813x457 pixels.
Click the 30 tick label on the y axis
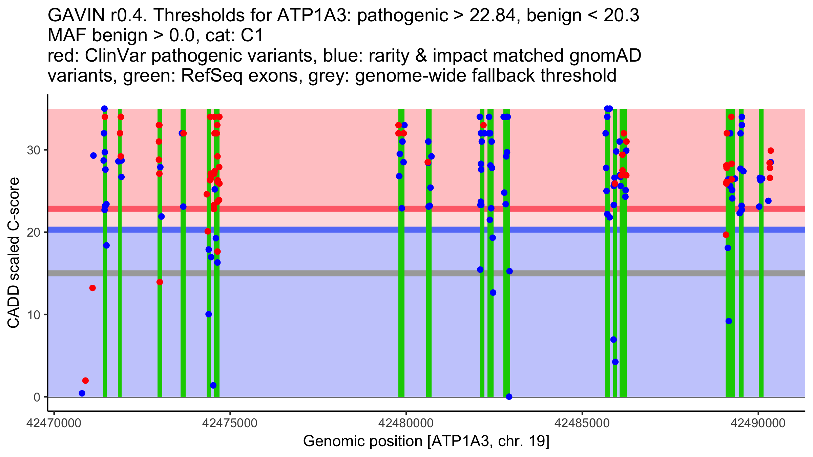tap(34, 150)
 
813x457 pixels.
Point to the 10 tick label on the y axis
tap(34, 315)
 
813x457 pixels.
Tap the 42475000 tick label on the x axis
tap(230, 423)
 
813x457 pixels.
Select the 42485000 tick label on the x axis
tap(582, 423)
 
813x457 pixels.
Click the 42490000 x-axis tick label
tap(758, 423)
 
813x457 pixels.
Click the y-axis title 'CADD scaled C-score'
tap(14, 253)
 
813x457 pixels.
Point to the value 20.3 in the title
tap(622, 15)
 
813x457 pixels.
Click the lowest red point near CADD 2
tap(85, 381)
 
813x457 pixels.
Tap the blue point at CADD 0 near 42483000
tap(509, 397)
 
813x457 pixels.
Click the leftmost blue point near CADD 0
tap(82, 393)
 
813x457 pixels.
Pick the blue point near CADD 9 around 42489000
tap(729, 321)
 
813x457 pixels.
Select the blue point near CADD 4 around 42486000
tap(615, 362)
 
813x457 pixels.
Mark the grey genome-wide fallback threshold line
tap(426, 273)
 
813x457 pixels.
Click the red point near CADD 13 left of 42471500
tap(92, 288)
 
